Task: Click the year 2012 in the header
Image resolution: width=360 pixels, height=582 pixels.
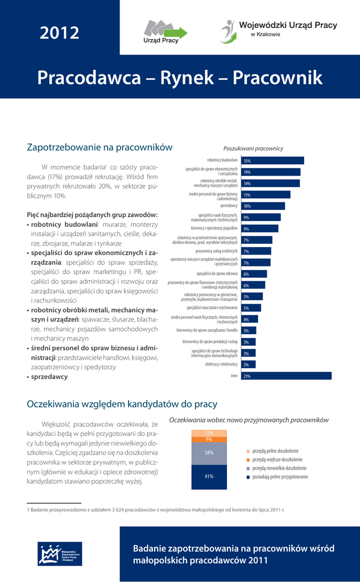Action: click(59, 33)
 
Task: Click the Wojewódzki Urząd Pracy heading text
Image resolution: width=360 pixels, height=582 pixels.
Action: click(288, 25)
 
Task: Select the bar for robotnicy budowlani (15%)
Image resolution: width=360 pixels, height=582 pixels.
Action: click(272, 161)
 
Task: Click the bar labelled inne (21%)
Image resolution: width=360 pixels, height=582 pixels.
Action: click(286, 376)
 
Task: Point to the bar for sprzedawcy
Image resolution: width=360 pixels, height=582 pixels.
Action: click(263, 206)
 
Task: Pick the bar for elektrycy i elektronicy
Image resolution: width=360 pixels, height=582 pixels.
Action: click(249, 364)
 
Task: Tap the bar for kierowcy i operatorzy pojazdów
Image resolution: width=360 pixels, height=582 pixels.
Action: click(259, 228)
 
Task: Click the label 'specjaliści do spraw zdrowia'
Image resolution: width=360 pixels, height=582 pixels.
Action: click(217, 274)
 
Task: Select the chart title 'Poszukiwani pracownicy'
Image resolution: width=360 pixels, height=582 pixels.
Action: click(253, 148)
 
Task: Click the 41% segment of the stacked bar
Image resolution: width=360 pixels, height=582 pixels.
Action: click(209, 476)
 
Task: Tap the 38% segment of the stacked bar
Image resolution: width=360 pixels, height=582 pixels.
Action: click(209, 453)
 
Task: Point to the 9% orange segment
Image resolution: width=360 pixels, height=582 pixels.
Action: click(209, 439)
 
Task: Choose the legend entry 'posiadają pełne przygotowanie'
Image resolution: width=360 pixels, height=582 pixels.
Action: click(280, 477)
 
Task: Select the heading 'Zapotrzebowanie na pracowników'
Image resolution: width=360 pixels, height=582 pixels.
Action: click(100, 147)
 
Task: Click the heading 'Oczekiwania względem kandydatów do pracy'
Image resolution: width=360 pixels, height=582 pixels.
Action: click(122, 404)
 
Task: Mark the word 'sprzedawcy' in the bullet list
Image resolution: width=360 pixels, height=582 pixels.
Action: click(49, 376)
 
